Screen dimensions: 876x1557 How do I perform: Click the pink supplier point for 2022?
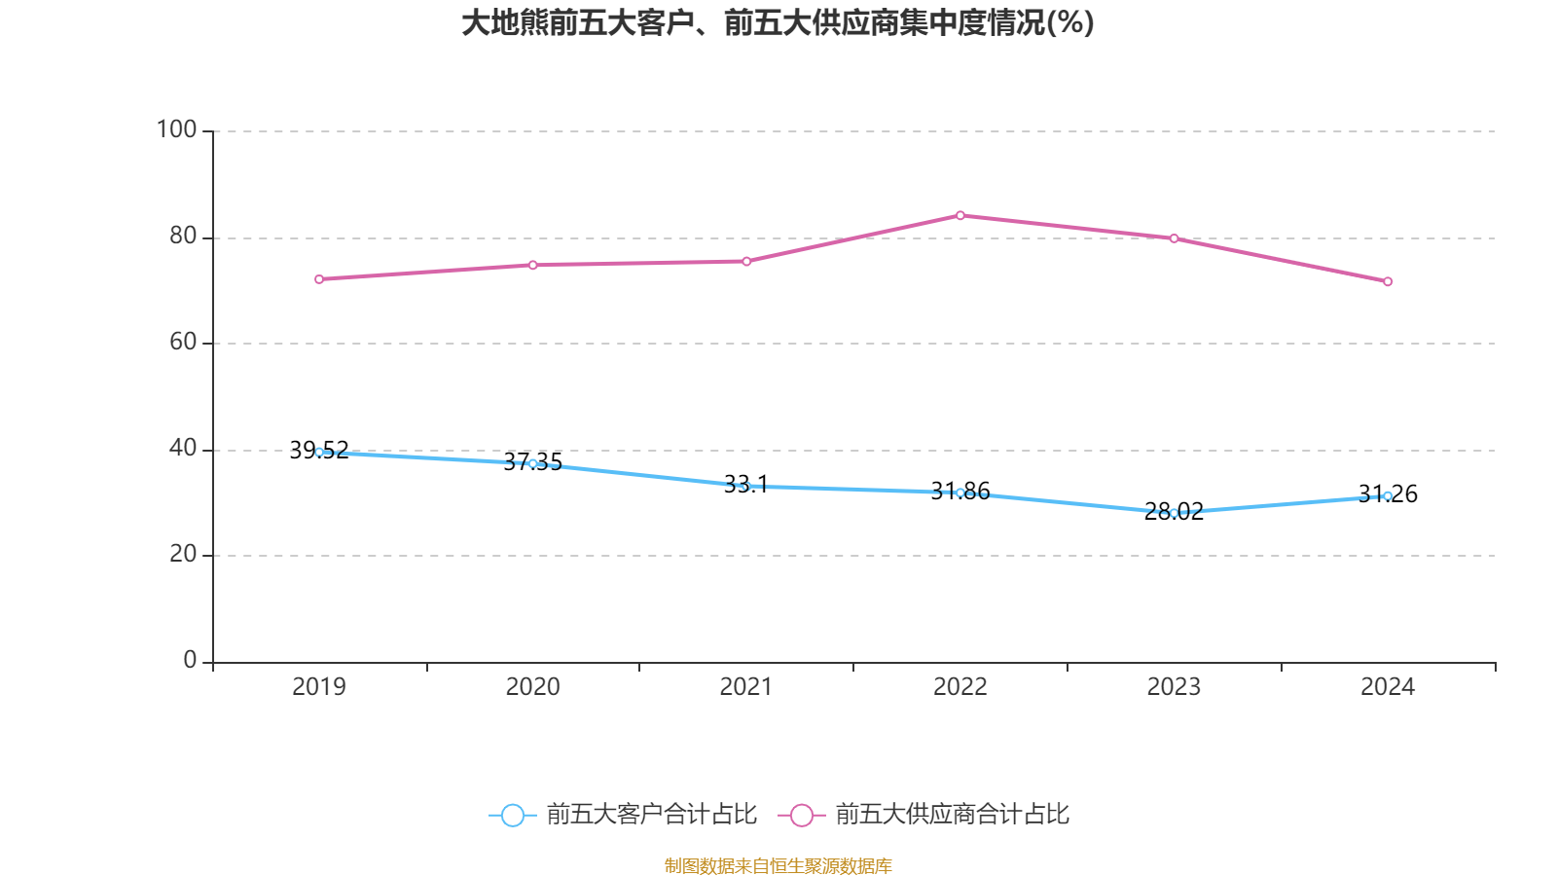point(960,215)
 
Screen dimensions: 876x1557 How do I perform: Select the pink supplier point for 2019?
point(319,279)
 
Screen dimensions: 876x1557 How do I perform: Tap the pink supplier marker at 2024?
point(1388,281)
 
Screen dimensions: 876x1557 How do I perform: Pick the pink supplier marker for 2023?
point(1174,238)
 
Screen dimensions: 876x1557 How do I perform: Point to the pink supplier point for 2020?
point(532,265)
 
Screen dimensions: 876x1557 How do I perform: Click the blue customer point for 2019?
point(319,452)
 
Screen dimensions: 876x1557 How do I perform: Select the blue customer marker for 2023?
point(1174,513)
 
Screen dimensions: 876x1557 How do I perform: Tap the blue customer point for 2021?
point(746,486)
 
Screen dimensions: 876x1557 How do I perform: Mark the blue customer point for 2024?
point(1388,495)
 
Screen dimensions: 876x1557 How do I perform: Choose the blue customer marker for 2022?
point(960,493)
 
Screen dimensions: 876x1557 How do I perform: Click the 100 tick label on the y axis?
point(176,129)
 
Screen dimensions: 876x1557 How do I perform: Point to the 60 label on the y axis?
point(182,342)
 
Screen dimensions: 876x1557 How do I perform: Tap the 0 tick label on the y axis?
point(190,660)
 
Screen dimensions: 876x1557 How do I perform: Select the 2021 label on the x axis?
point(746,686)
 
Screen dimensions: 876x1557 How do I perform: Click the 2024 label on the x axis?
point(1388,686)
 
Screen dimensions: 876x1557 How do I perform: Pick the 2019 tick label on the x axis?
point(319,686)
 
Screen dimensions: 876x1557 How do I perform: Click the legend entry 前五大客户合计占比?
point(623,815)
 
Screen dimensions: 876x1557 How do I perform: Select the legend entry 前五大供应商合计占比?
point(924,815)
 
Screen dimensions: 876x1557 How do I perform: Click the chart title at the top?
point(778,22)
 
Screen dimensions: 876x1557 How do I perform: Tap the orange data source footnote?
point(778,865)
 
